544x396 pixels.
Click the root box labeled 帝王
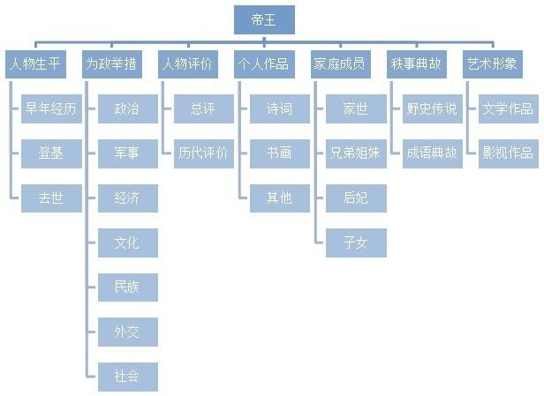coord(264,19)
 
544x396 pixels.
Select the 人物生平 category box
coord(34,64)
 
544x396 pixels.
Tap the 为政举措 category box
coord(113,64)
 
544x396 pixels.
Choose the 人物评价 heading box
coord(188,64)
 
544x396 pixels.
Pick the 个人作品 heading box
coord(263,64)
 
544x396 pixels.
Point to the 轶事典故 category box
coord(416,64)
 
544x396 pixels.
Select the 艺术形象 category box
coord(493,64)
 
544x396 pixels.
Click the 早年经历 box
coord(50,109)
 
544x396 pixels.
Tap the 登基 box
coord(50,153)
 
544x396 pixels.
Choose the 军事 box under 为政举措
coord(126,153)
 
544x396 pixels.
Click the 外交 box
coord(126,332)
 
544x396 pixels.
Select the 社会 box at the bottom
coord(126,376)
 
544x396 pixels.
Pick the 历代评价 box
coord(202,153)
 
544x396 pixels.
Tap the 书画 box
coord(279,153)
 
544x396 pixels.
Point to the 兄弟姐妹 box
coord(354,153)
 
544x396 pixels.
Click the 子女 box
coord(354,243)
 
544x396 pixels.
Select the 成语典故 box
coord(431,153)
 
